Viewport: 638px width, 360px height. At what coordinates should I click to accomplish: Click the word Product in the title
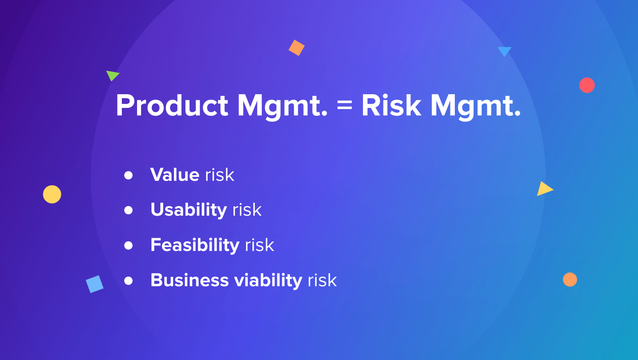[x=172, y=106]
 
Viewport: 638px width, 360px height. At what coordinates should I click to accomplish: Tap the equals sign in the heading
[x=345, y=106]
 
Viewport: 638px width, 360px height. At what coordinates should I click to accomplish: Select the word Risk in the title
[x=391, y=106]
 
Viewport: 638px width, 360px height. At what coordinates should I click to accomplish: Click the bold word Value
[x=175, y=175]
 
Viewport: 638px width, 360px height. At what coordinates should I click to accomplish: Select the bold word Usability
[x=189, y=210]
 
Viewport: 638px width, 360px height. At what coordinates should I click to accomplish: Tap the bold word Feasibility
[x=195, y=245]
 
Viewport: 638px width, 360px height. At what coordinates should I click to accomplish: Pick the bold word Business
[x=190, y=280]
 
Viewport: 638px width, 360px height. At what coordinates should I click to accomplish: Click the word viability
[x=268, y=280]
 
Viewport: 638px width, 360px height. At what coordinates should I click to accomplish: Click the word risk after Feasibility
[x=260, y=245]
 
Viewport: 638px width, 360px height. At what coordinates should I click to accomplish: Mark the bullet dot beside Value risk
[x=128, y=175]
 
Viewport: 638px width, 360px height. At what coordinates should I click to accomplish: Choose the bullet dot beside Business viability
[x=128, y=281]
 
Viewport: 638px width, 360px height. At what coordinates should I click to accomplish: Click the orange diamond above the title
[x=297, y=48]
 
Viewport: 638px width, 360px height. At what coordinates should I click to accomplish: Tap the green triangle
[x=112, y=75]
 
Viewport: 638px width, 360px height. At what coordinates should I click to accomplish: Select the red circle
[x=587, y=85]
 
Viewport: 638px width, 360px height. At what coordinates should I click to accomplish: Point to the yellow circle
[x=52, y=194]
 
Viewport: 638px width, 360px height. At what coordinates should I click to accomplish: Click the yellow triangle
[x=544, y=189]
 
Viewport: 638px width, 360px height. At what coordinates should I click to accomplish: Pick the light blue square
[x=95, y=284]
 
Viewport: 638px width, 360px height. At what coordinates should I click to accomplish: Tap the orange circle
[x=570, y=279]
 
